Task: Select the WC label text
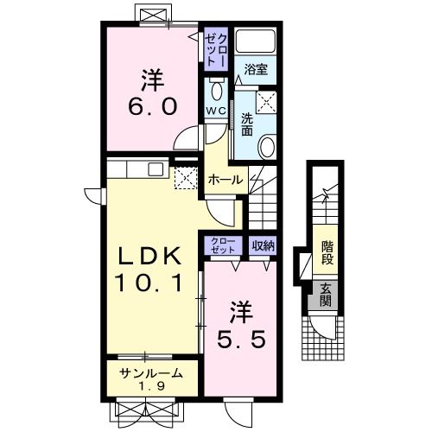pos(215,111)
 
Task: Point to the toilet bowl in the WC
pos(216,91)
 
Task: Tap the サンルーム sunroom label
pos(151,373)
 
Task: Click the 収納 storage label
pos(263,245)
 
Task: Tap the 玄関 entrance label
pos(326,295)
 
